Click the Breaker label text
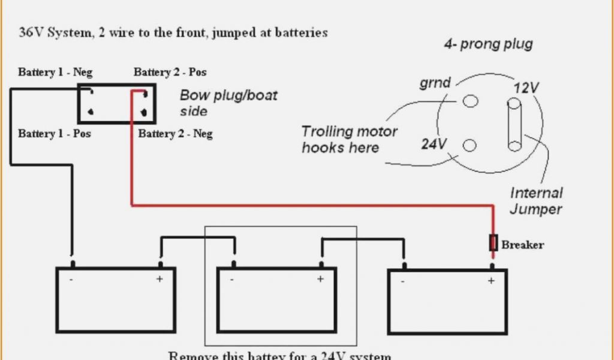(522, 245)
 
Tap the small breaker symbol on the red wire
(493, 243)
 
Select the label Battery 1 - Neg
(54, 73)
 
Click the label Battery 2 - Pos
(170, 73)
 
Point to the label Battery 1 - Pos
(54, 133)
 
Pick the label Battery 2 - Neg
(175, 133)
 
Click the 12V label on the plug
(526, 88)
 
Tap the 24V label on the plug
(434, 144)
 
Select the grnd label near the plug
(435, 83)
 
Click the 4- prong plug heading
(488, 44)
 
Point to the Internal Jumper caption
(536, 201)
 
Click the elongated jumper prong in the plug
(514, 125)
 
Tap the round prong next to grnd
(471, 101)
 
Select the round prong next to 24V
(469, 145)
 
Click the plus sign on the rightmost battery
(491, 281)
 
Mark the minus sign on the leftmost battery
(71, 279)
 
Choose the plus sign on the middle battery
(320, 279)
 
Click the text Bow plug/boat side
(228, 103)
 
